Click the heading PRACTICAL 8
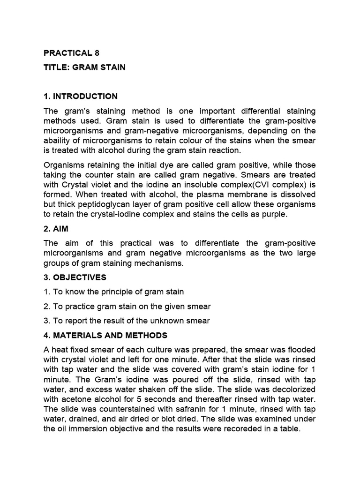click(71, 52)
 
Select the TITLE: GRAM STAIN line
click(84, 67)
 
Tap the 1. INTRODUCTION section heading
click(81, 97)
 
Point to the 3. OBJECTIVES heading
click(75, 277)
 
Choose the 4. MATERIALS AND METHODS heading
click(105, 336)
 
